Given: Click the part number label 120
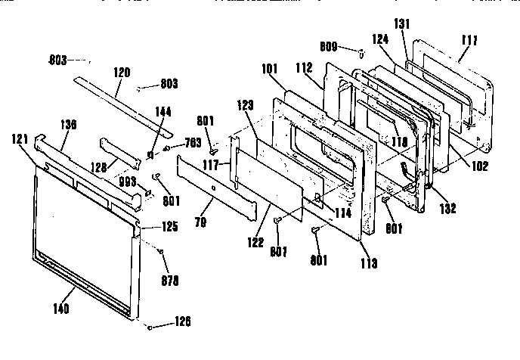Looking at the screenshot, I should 122,73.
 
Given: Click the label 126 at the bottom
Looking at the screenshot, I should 181,321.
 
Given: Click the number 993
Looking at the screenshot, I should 128,182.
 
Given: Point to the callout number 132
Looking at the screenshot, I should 448,209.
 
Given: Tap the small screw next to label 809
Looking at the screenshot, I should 361,52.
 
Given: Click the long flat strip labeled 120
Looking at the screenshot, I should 121,95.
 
